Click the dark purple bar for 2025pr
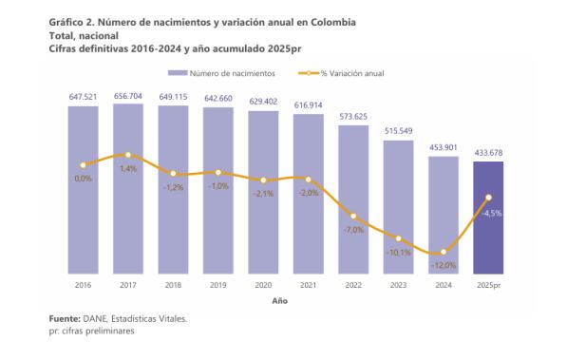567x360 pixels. point(488,218)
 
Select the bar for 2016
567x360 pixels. point(83,190)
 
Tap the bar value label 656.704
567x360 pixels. point(128,95)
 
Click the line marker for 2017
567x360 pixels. point(128,154)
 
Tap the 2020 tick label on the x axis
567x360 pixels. point(263,285)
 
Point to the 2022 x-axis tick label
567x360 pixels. point(353,285)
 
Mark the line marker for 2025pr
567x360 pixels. point(488,198)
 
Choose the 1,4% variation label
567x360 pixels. point(128,168)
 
